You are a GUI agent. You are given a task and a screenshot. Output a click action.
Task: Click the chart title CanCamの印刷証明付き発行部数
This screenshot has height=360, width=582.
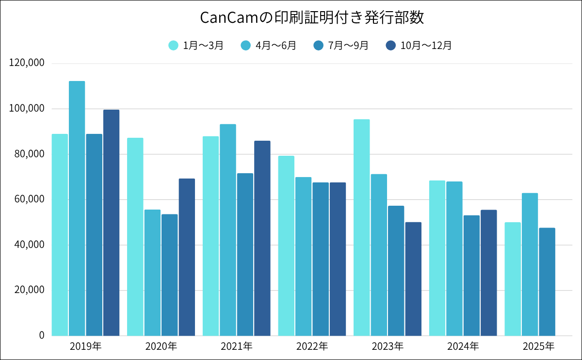tap(312, 18)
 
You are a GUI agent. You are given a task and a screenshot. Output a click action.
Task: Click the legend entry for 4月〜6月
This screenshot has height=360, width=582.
tap(268, 45)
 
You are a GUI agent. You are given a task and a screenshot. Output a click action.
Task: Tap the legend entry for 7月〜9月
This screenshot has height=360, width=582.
tap(341, 45)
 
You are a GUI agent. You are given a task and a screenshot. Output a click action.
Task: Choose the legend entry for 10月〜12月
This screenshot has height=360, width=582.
tap(419, 45)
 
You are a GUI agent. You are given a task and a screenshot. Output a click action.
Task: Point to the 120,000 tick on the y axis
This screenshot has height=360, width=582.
tap(27, 63)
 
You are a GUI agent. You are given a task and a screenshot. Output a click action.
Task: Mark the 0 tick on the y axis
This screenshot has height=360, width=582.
tap(42, 335)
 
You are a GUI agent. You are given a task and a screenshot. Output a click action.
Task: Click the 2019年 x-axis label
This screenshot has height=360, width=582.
tap(85, 346)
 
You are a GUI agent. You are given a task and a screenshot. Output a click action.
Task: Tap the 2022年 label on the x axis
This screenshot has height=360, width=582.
tap(312, 346)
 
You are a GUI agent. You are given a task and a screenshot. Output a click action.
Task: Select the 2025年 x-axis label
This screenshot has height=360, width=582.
tap(538, 346)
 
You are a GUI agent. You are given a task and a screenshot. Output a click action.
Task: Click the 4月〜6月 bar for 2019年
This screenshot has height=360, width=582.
tap(77, 209)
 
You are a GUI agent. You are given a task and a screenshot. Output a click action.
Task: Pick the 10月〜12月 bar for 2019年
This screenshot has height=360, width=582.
tap(111, 223)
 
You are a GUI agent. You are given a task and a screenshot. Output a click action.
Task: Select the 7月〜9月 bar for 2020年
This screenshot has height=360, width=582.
tap(169, 275)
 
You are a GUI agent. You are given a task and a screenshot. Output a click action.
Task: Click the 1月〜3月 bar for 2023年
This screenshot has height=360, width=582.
tap(361, 228)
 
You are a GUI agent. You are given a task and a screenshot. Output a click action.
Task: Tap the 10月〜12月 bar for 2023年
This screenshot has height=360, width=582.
tap(413, 279)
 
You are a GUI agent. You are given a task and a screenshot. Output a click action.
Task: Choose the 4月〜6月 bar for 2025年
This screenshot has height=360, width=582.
tap(530, 264)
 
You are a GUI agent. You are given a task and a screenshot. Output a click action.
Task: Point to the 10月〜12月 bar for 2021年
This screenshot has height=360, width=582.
tap(262, 238)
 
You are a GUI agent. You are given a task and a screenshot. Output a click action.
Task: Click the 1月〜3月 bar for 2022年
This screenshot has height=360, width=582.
tap(286, 245)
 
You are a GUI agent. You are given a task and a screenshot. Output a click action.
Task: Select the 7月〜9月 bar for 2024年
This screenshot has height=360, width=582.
tap(471, 276)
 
